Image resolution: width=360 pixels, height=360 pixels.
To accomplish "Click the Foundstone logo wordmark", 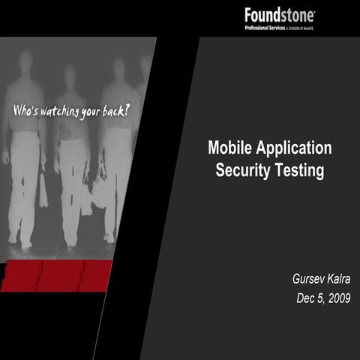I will click(x=279, y=14).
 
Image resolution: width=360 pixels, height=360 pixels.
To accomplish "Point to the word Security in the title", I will click(x=242, y=170).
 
